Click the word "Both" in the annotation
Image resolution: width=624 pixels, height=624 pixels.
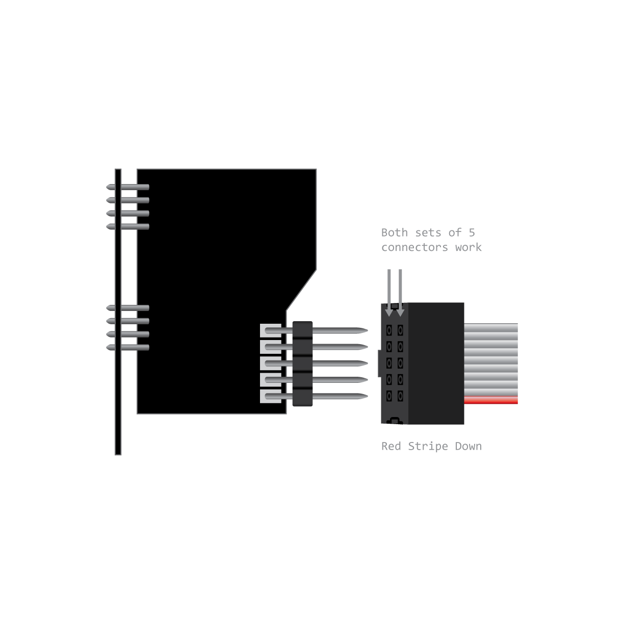[394, 232]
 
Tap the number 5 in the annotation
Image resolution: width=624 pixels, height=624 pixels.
[472, 232]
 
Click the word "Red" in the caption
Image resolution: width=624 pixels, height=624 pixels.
[391, 446]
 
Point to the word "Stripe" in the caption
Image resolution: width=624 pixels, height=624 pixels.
[428, 446]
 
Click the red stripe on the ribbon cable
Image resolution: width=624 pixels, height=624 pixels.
[491, 401]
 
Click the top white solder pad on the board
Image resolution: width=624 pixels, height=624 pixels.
[270, 330]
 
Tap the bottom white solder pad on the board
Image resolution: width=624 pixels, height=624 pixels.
[270, 396]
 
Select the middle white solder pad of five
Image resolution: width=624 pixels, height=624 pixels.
[270, 363]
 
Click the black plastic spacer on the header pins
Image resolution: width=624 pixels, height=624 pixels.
[302, 363]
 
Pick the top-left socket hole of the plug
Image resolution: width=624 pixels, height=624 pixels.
[389, 330]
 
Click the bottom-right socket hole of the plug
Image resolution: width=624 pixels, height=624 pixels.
[400, 396]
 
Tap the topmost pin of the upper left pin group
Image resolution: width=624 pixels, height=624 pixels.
[127, 187]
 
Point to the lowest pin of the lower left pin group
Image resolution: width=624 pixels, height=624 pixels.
[127, 347]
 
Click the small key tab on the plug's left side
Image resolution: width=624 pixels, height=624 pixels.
[379, 363]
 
